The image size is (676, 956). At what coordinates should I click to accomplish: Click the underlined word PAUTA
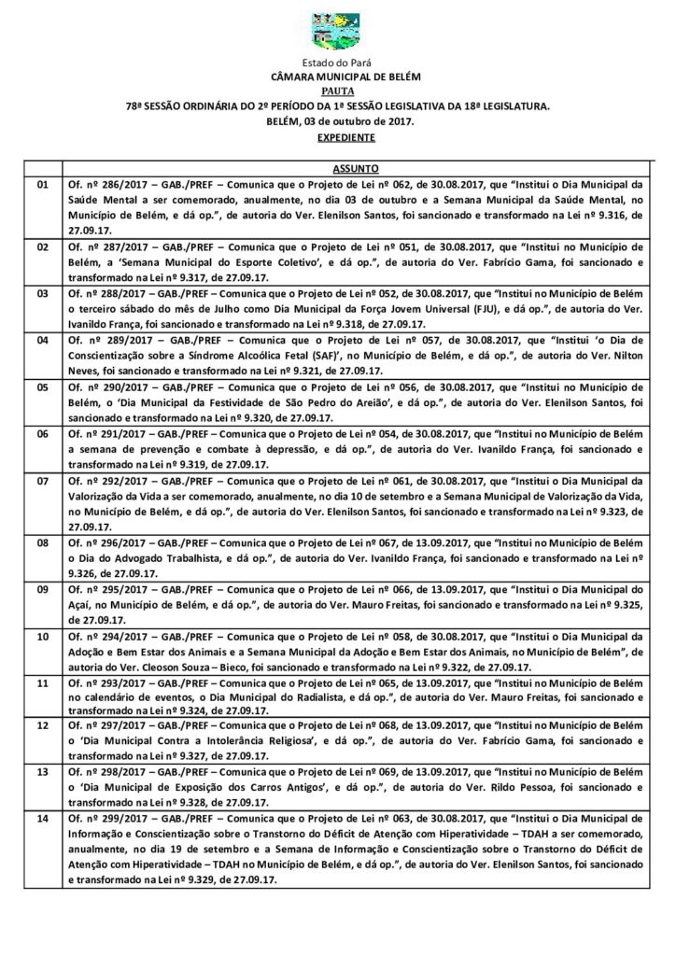[337, 92]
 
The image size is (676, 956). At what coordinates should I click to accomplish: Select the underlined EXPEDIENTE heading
[337, 136]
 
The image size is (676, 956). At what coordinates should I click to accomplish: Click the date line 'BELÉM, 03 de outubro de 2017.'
[337, 121]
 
